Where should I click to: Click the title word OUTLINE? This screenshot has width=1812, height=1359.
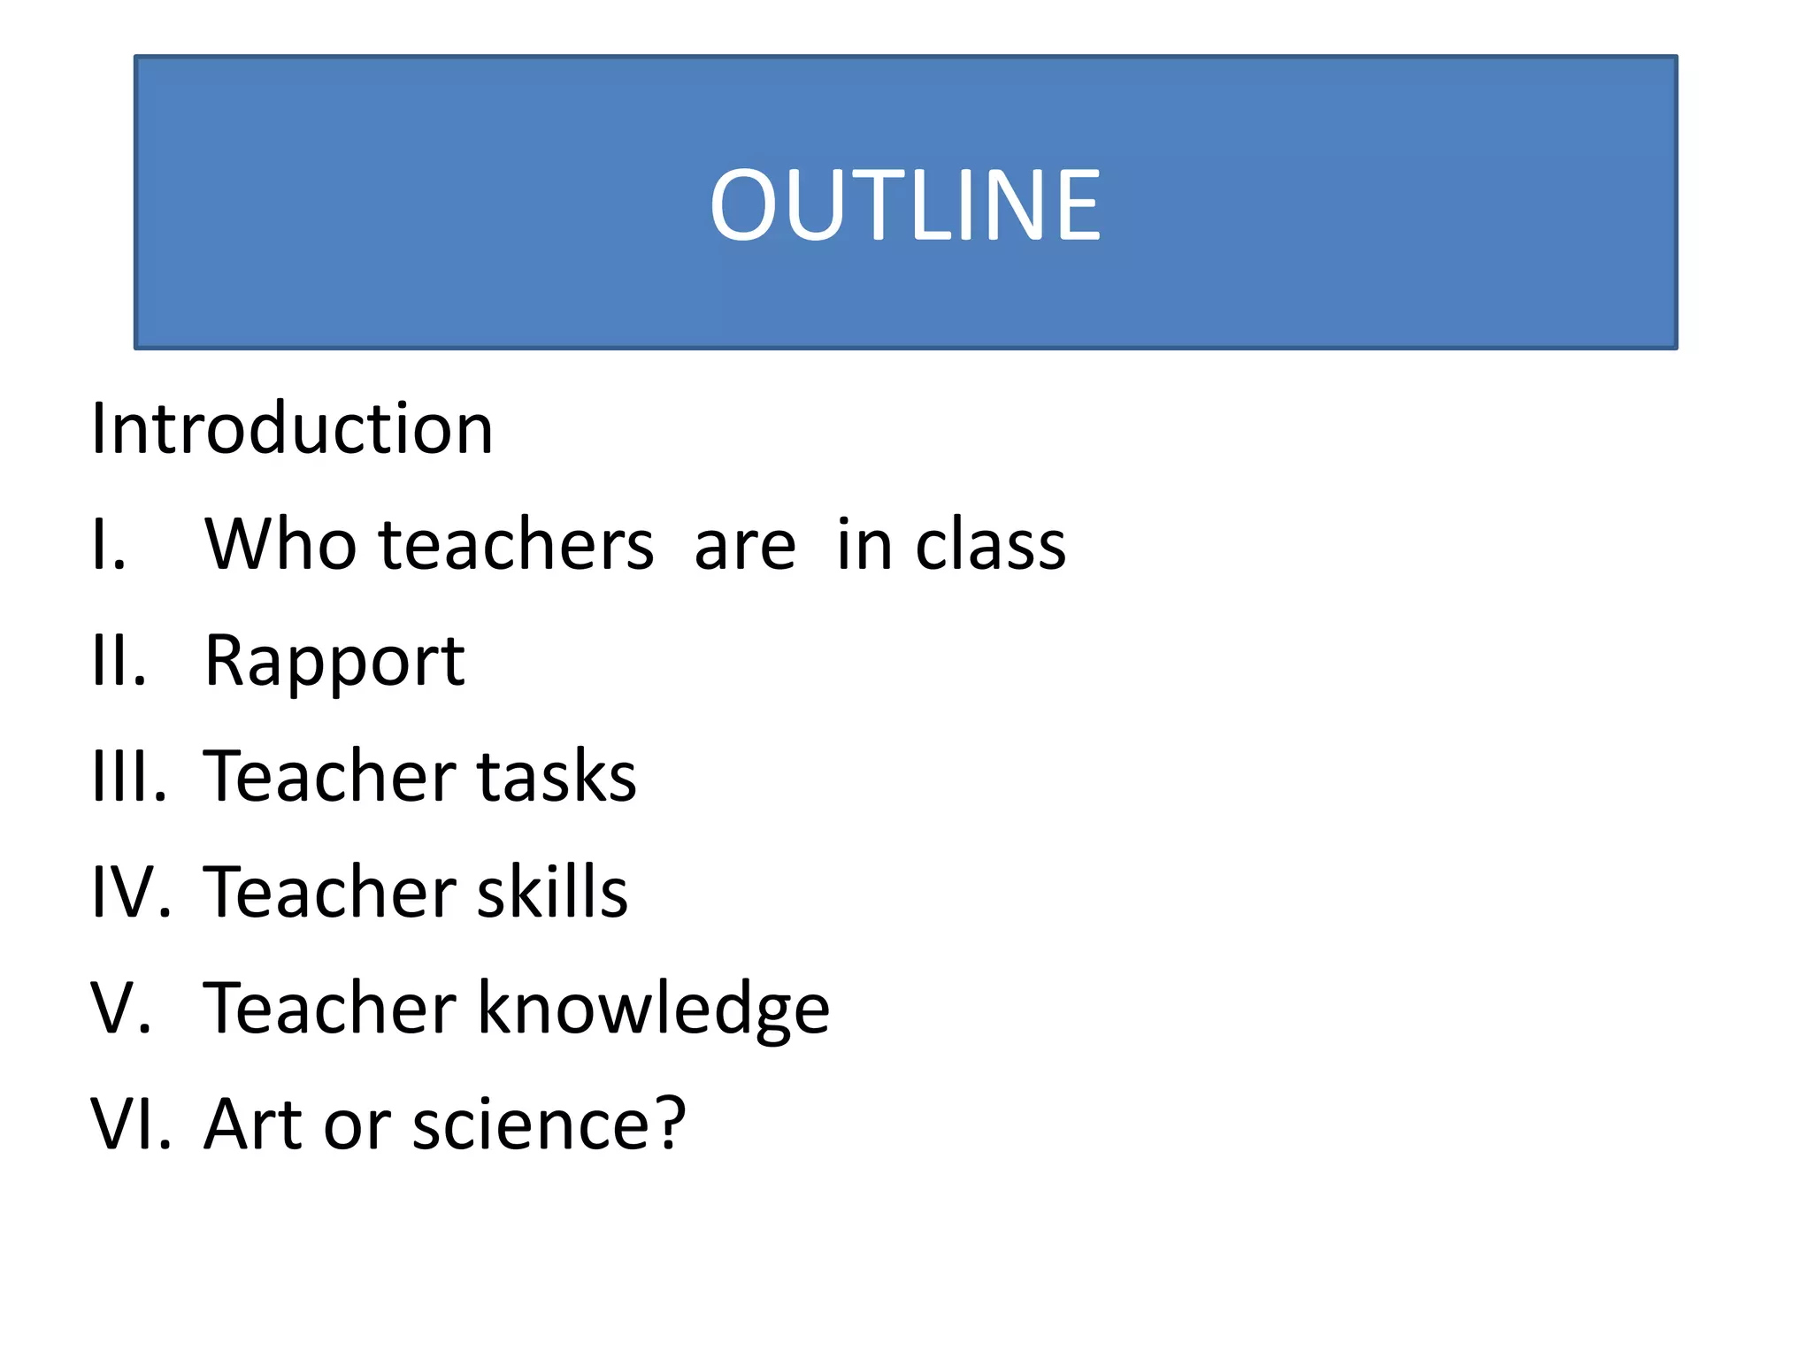[905, 205]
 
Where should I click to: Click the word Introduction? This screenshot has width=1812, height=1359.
[292, 428]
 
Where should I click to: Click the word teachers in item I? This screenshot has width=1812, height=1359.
[517, 543]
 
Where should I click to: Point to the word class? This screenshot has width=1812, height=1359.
[990, 543]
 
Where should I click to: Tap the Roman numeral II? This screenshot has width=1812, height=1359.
[116, 660]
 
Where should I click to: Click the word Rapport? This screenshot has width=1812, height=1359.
[334, 662]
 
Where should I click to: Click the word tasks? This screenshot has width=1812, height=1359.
[557, 776]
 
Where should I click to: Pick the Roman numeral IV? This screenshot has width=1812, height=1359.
[129, 892]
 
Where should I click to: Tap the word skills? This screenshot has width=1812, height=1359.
[552, 892]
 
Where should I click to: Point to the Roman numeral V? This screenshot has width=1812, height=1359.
[119, 1008]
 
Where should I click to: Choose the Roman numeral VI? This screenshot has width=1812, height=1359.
[129, 1124]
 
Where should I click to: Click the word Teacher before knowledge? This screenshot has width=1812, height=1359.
[329, 1008]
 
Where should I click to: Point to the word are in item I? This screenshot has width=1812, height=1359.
[744, 545]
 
